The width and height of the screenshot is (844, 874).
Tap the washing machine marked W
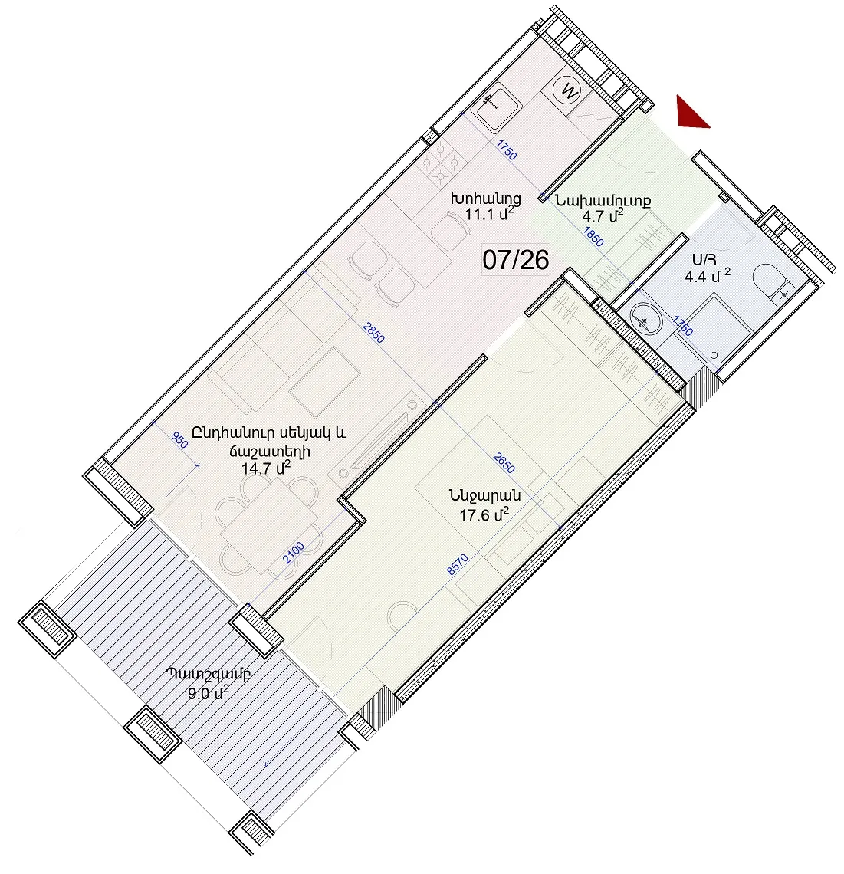(569, 90)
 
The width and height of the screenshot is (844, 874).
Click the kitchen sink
(496, 106)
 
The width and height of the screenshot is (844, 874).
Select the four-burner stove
(441, 163)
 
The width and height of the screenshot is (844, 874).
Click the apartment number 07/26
(516, 260)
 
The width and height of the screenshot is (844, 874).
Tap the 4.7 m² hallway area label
(602, 215)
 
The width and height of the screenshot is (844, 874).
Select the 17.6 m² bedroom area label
(484, 514)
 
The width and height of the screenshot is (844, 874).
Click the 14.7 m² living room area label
(266, 468)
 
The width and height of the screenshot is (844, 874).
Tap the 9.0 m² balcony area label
(209, 693)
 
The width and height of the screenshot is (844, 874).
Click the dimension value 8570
(457, 564)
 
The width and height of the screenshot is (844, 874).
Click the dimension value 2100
(294, 552)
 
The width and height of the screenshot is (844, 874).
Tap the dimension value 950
(179, 440)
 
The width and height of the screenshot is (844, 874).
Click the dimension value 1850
(593, 236)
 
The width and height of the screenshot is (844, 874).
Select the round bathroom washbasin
(645, 320)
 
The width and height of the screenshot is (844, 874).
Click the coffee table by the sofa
(325, 382)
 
